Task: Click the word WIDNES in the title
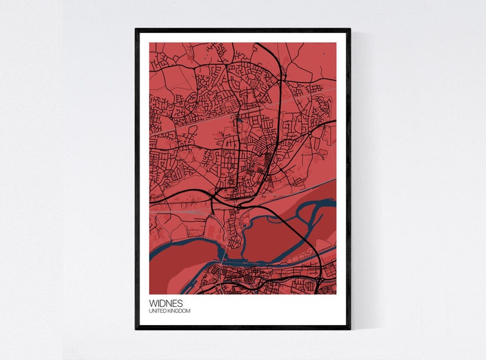[x=165, y=302]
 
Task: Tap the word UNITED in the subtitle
[x=157, y=311]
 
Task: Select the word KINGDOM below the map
[x=179, y=311]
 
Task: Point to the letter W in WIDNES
[x=152, y=302]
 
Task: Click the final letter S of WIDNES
[x=179, y=302]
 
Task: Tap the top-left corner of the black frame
[x=136, y=29]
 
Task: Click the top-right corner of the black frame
[x=350, y=29]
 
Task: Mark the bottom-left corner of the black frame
[x=136, y=328]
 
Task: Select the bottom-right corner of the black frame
[x=350, y=328]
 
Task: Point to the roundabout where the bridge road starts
[x=237, y=208]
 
